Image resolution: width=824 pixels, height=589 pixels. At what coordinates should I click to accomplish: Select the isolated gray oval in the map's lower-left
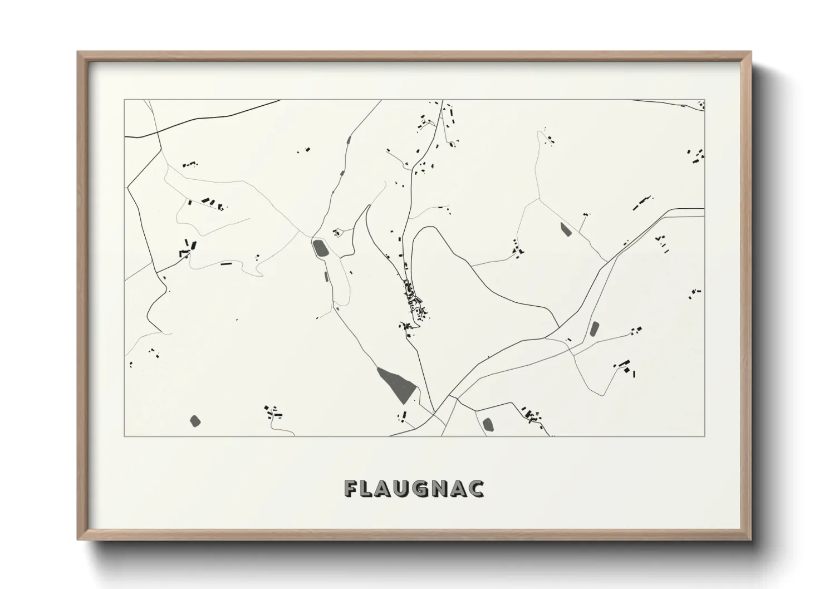(195, 420)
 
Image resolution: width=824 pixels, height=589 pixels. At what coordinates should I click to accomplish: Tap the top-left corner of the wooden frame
(79, 52)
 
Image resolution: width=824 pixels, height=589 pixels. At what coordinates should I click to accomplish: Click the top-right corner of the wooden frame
(752, 52)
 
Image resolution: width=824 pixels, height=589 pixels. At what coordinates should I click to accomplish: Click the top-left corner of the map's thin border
(124, 100)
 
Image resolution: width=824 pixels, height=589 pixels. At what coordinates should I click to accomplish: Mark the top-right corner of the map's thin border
(705, 100)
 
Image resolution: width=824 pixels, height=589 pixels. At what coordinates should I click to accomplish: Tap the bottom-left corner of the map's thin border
(124, 436)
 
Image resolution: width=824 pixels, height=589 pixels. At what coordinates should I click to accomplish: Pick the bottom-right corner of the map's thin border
(705, 436)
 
